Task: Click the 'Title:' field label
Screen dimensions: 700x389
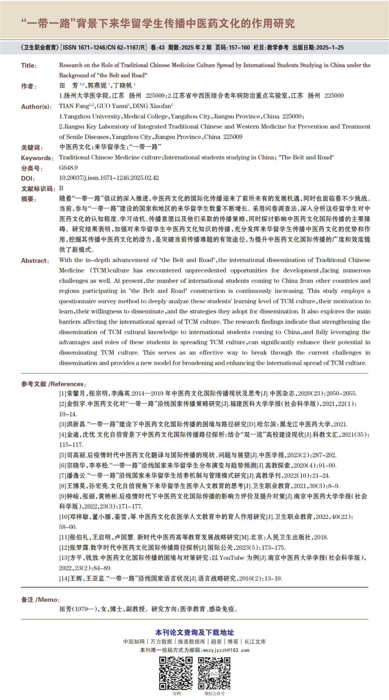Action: tap(29, 66)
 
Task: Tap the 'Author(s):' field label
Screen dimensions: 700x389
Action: tap(36, 107)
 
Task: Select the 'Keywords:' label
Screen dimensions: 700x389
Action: tap(37, 158)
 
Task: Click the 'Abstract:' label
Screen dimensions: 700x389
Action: tap(35, 261)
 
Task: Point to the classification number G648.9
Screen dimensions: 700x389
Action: tap(68, 168)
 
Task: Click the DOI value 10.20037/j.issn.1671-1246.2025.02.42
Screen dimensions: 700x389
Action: tap(109, 178)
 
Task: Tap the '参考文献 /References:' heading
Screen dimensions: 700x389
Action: tap(53, 384)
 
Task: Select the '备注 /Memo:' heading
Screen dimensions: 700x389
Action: tap(40, 600)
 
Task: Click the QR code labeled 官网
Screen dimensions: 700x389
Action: tap(176, 673)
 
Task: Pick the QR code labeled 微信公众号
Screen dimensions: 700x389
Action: tap(214, 673)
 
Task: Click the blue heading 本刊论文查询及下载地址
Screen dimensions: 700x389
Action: tap(194, 632)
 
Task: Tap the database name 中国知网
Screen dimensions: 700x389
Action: tap(134, 641)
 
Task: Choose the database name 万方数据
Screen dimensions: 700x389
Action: tap(161, 641)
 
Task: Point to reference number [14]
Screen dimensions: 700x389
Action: tap(64, 579)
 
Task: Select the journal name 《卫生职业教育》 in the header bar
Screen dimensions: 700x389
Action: tap(40, 48)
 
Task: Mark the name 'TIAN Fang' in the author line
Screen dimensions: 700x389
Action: tap(74, 106)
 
